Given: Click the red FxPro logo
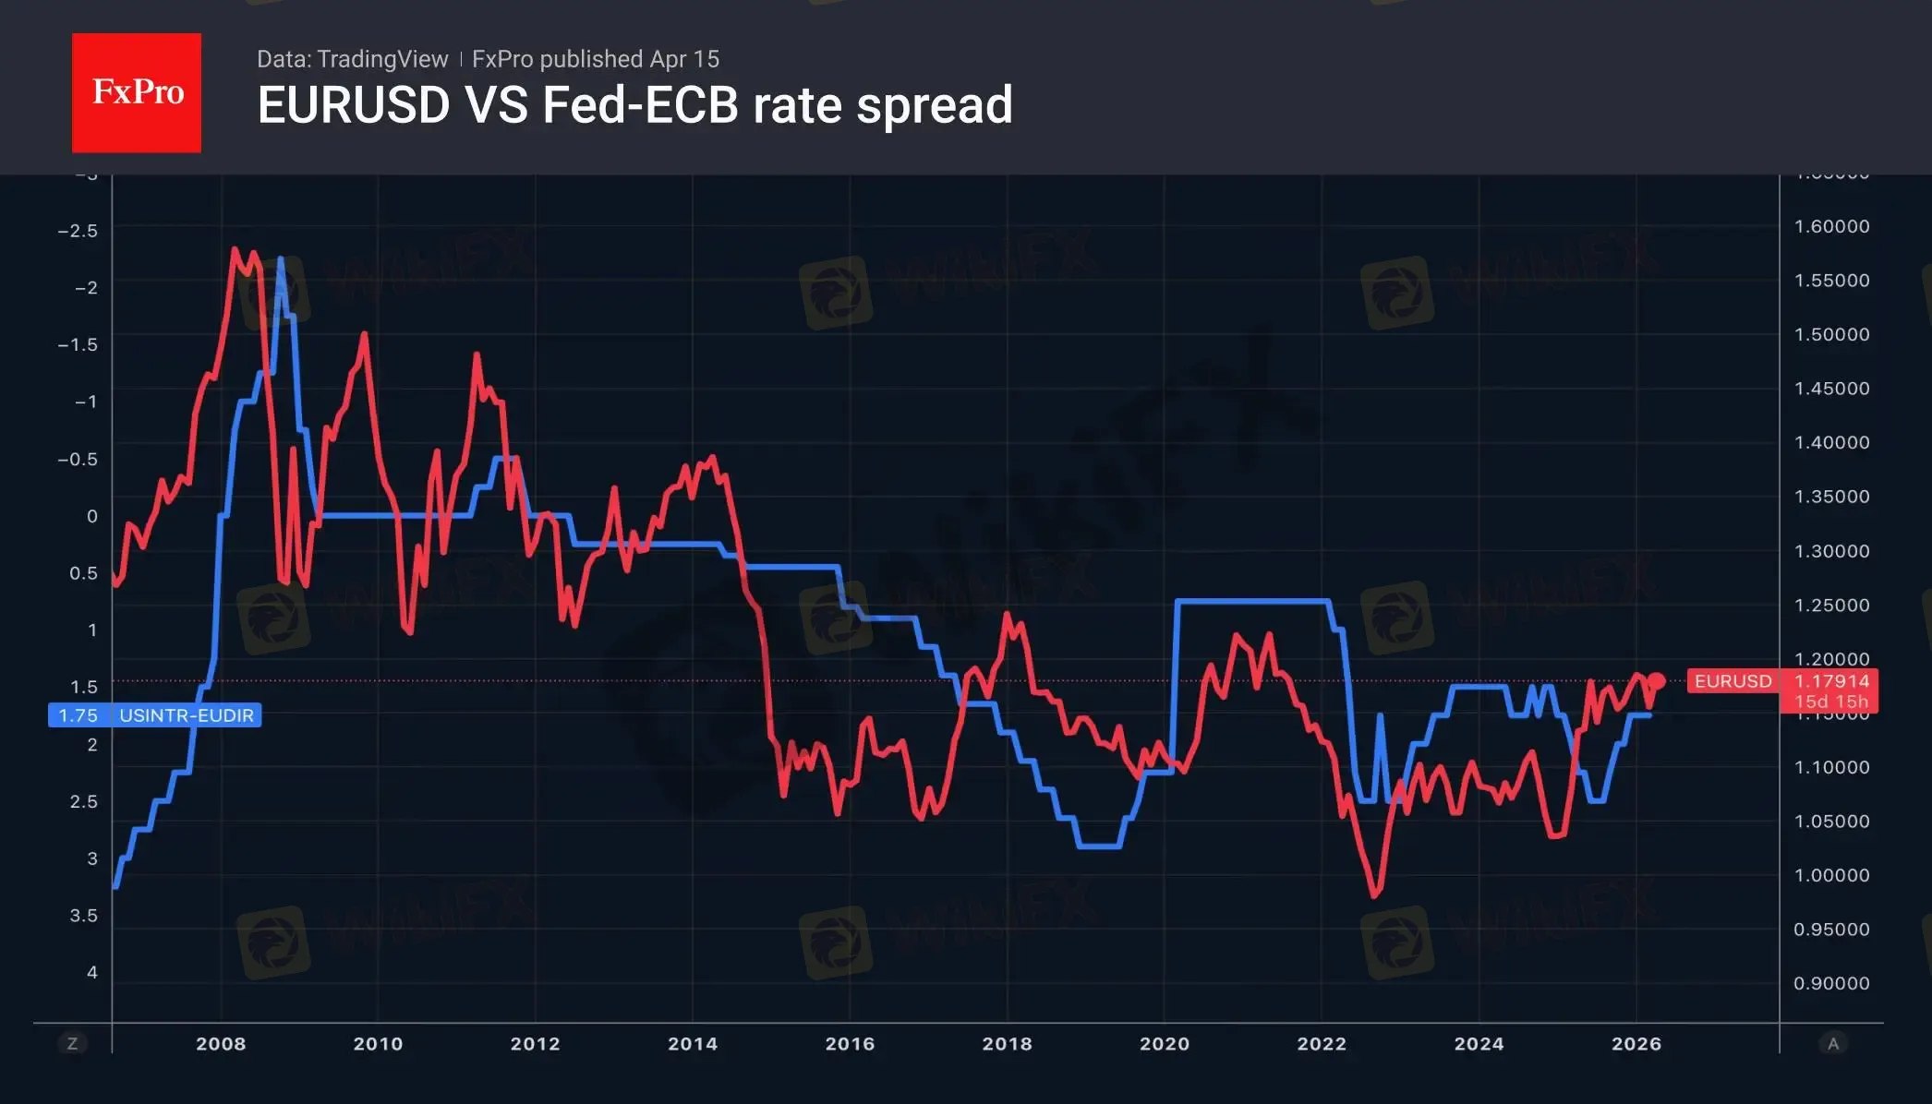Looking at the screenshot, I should tap(137, 92).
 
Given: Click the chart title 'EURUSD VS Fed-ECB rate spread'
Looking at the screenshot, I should tap(634, 105).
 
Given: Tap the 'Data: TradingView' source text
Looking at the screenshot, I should tap(352, 59).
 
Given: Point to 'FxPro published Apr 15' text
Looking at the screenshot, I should tap(596, 59).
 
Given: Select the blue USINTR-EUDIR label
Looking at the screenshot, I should tap(187, 715).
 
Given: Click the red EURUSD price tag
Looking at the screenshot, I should tap(1733, 681).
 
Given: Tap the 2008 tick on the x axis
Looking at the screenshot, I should tap(221, 1044).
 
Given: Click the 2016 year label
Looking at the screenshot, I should tap(850, 1044).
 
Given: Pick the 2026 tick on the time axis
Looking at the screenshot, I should tap(1636, 1044).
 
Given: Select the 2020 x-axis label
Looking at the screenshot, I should tap(1164, 1044).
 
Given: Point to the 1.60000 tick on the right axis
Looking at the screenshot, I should tap(1831, 227).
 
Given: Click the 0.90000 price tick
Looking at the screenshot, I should tap(1831, 984).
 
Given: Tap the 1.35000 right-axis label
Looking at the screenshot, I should tap(1831, 497).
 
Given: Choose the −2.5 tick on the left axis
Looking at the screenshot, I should tap(78, 231).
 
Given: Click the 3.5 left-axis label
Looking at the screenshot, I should tap(83, 916).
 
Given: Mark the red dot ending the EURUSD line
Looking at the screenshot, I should tap(1656, 681).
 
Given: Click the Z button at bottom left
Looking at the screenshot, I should tap(72, 1044).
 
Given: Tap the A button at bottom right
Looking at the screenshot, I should tap(1833, 1044).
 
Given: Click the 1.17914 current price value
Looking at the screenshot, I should tap(1831, 681).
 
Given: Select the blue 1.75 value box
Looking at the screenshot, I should tap(78, 715).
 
